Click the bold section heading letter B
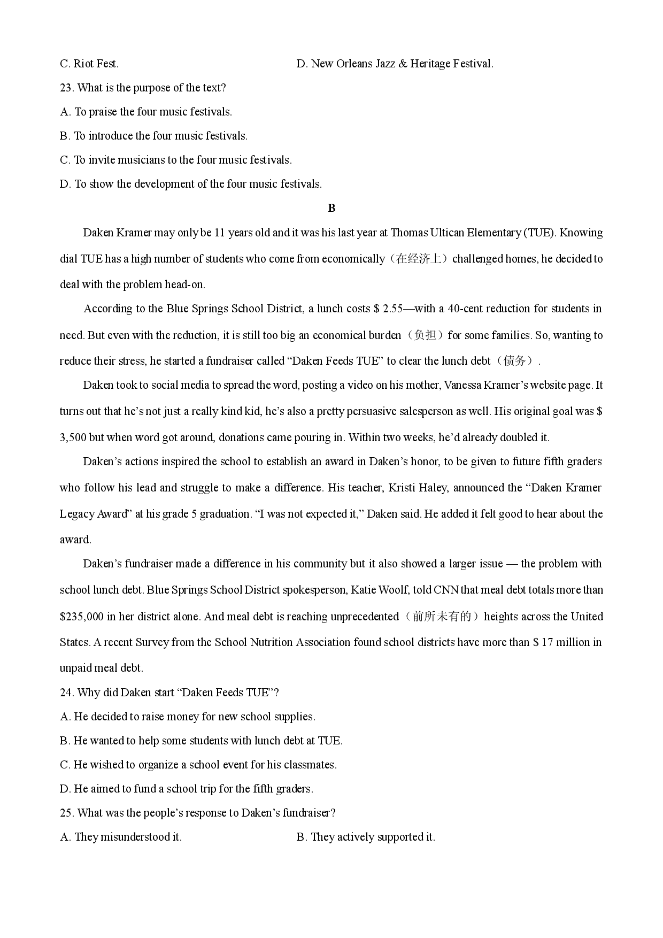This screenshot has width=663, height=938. (331, 208)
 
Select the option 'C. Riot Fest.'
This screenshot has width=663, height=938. (89, 64)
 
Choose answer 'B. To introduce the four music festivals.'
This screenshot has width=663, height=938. (153, 136)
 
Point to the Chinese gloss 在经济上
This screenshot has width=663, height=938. (419, 259)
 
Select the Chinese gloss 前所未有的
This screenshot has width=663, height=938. (442, 616)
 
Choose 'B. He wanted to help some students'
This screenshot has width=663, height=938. (201, 741)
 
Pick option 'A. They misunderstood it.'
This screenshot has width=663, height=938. (121, 837)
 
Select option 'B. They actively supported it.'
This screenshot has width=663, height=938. (366, 837)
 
